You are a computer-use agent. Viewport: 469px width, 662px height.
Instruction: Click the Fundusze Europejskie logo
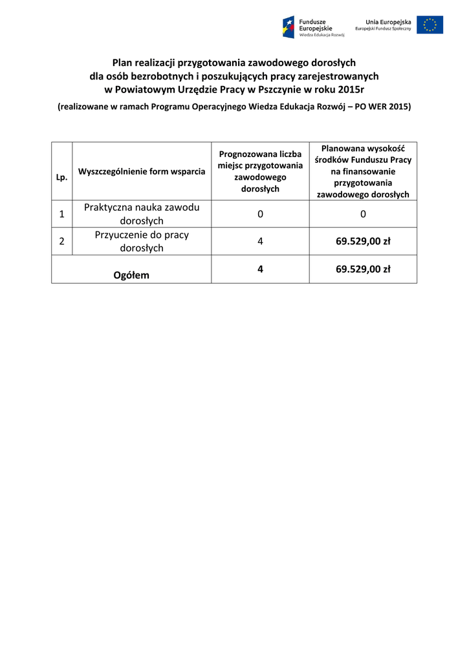point(314,27)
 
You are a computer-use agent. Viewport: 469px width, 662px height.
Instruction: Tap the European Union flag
point(430,25)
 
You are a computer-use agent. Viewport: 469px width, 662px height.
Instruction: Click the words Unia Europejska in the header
point(388,22)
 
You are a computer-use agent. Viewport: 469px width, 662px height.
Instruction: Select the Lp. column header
point(62,176)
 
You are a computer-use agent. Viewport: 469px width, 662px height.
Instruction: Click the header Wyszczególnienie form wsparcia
point(142,171)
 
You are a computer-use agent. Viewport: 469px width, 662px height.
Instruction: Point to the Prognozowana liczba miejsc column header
point(260,171)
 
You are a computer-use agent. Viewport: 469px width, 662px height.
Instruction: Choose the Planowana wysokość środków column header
point(363,171)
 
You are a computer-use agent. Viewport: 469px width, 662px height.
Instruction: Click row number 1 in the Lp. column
point(62,214)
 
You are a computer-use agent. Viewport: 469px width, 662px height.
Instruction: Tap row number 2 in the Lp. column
point(62,241)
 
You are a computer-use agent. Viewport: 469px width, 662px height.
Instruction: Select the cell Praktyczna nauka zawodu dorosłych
point(142,214)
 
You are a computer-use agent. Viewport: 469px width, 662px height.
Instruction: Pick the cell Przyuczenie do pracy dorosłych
point(142,241)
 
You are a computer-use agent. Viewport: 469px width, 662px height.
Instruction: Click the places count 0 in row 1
point(260,214)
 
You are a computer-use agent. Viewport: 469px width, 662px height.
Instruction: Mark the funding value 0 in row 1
point(363,214)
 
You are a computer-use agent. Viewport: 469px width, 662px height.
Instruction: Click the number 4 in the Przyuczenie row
point(260,241)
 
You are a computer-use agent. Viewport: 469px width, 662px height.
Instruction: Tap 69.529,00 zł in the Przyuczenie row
point(363,241)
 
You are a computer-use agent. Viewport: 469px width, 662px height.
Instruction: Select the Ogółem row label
point(131,275)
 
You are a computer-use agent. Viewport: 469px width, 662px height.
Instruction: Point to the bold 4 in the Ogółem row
point(260,269)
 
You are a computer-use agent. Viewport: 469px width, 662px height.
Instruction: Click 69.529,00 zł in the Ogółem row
point(363,269)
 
